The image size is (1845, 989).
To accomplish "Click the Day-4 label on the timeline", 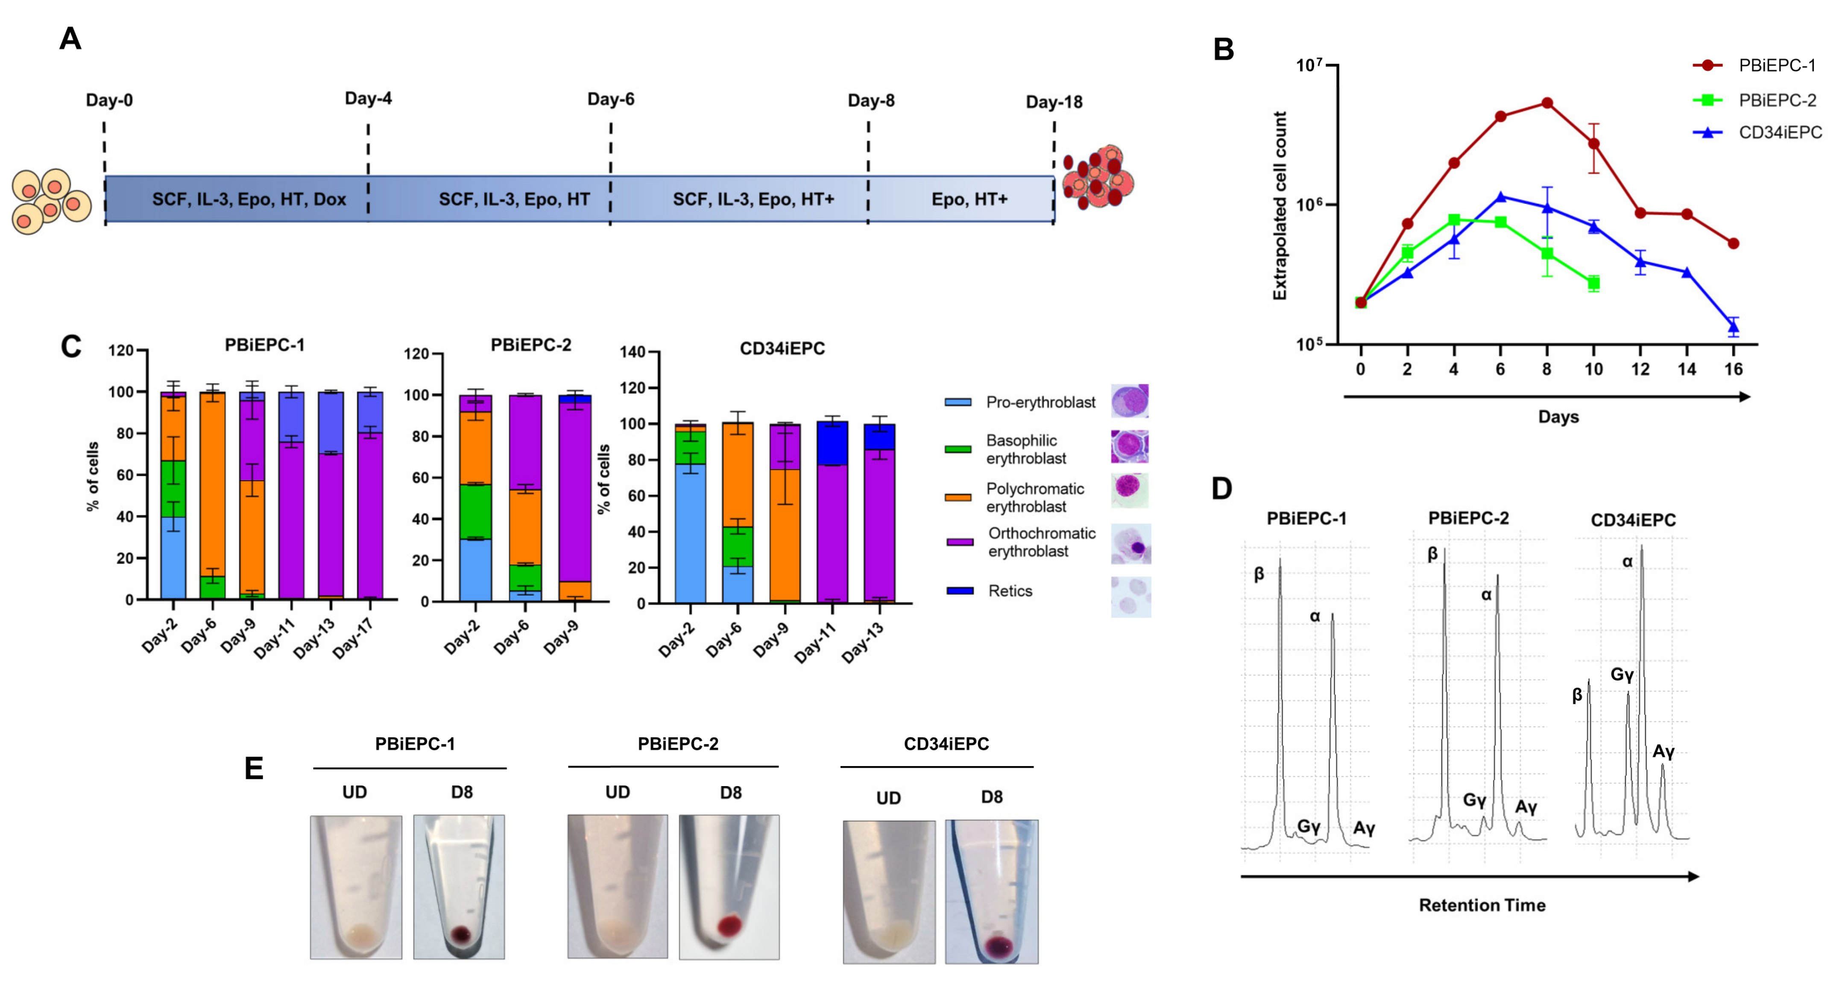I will pos(368,98).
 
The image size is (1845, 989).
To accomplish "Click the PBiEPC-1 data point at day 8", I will pos(1547,103).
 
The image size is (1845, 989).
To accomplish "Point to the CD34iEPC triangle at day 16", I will pos(1733,327).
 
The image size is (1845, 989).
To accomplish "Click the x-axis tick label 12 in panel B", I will pos(1640,369).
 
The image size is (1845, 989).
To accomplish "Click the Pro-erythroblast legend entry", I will pos(1040,402).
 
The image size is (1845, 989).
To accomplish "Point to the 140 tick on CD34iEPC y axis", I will pos(633,351).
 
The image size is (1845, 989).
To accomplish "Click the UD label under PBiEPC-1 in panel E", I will pos(354,792).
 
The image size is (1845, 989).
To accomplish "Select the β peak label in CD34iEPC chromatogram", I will pos(1576,695).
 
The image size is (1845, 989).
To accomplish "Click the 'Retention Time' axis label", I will pos(1482,905).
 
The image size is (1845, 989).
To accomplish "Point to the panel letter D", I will pos(1222,489).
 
